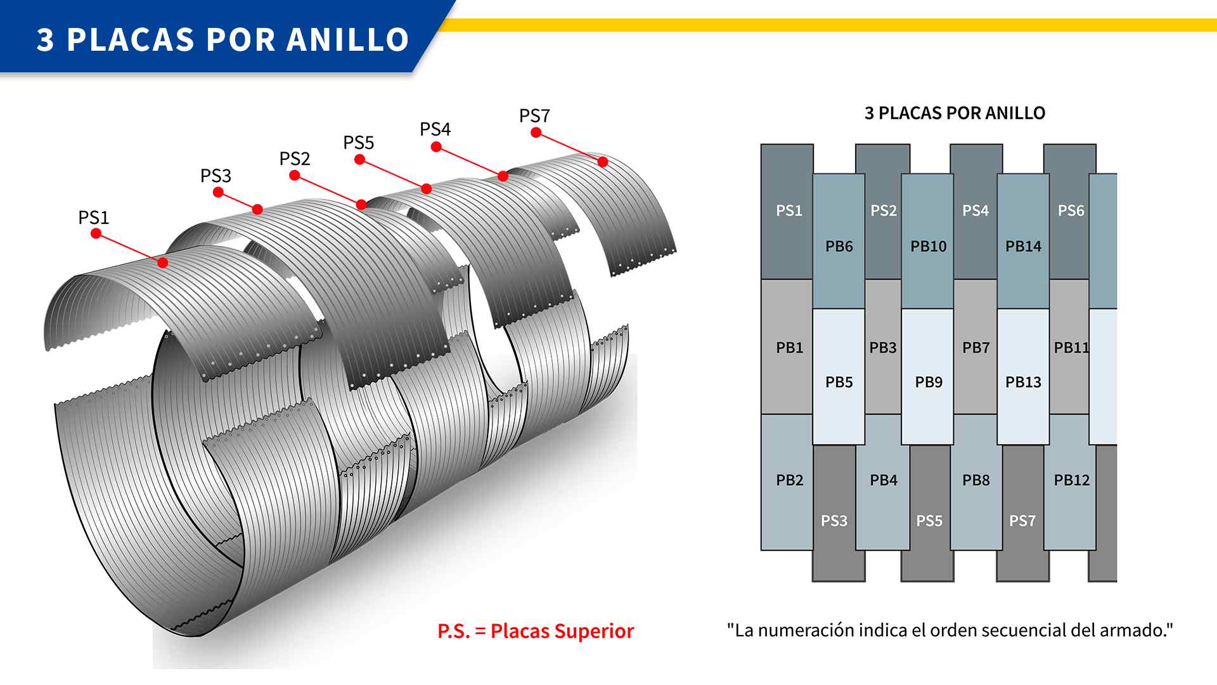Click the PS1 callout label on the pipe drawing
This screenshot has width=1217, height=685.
(94, 218)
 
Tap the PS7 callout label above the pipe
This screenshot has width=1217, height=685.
(534, 116)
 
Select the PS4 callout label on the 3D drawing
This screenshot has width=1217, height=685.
(435, 129)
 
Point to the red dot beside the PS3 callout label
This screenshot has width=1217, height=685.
(219, 192)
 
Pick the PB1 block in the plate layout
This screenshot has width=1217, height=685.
(787, 347)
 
